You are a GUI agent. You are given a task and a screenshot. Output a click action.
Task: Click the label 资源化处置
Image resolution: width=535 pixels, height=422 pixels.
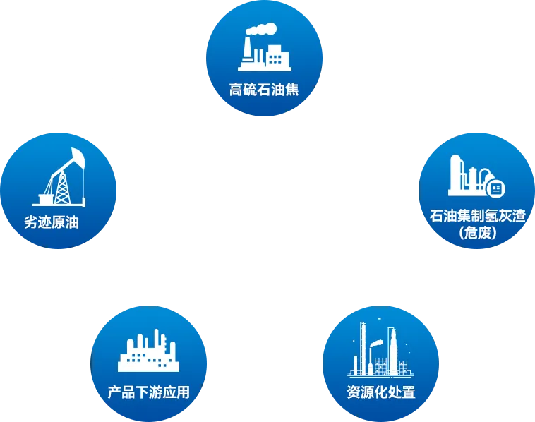point(381,392)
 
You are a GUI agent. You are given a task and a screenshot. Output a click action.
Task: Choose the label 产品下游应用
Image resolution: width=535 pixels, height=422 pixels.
point(148,392)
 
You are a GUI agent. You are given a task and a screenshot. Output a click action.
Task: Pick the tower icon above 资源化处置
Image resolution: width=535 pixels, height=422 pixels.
point(381,349)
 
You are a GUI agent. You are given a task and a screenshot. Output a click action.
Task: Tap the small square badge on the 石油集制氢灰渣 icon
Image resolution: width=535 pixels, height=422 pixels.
point(495,188)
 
